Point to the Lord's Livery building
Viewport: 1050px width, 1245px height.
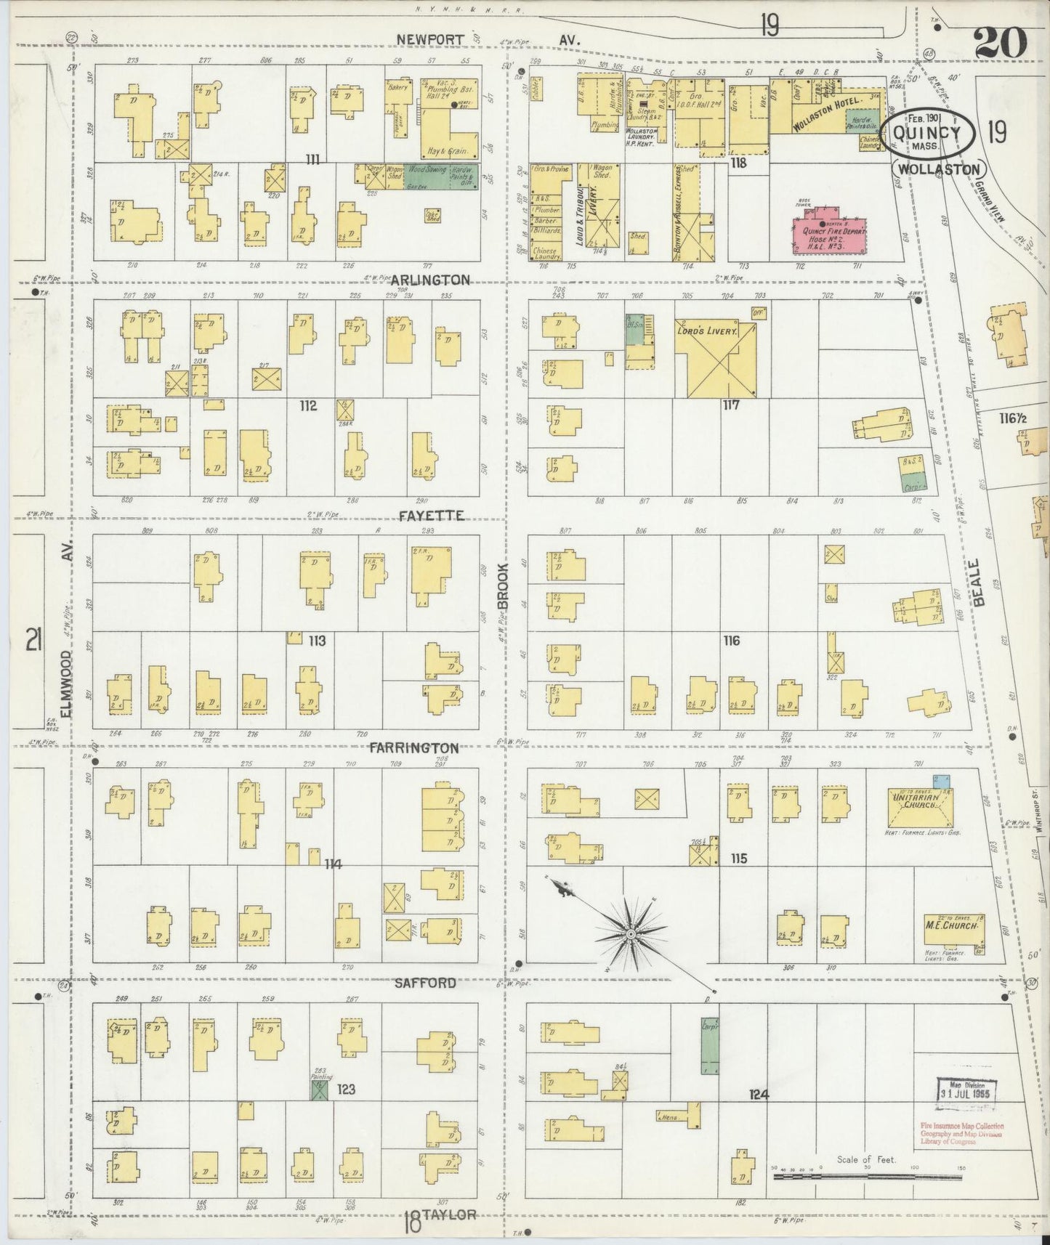pyautogui.click(x=715, y=358)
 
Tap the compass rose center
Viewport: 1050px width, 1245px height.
pyautogui.click(x=631, y=932)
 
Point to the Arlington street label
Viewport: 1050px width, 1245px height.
pyautogui.click(x=429, y=280)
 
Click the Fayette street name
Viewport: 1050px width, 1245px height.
pyautogui.click(x=430, y=515)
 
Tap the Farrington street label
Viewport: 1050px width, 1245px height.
pyautogui.click(x=413, y=747)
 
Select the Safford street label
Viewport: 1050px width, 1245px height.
pyautogui.click(x=425, y=983)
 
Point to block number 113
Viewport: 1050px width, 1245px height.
pyautogui.click(x=316, y=641)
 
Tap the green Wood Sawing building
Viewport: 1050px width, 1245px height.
pyautogui.click(x=426, y=177)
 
